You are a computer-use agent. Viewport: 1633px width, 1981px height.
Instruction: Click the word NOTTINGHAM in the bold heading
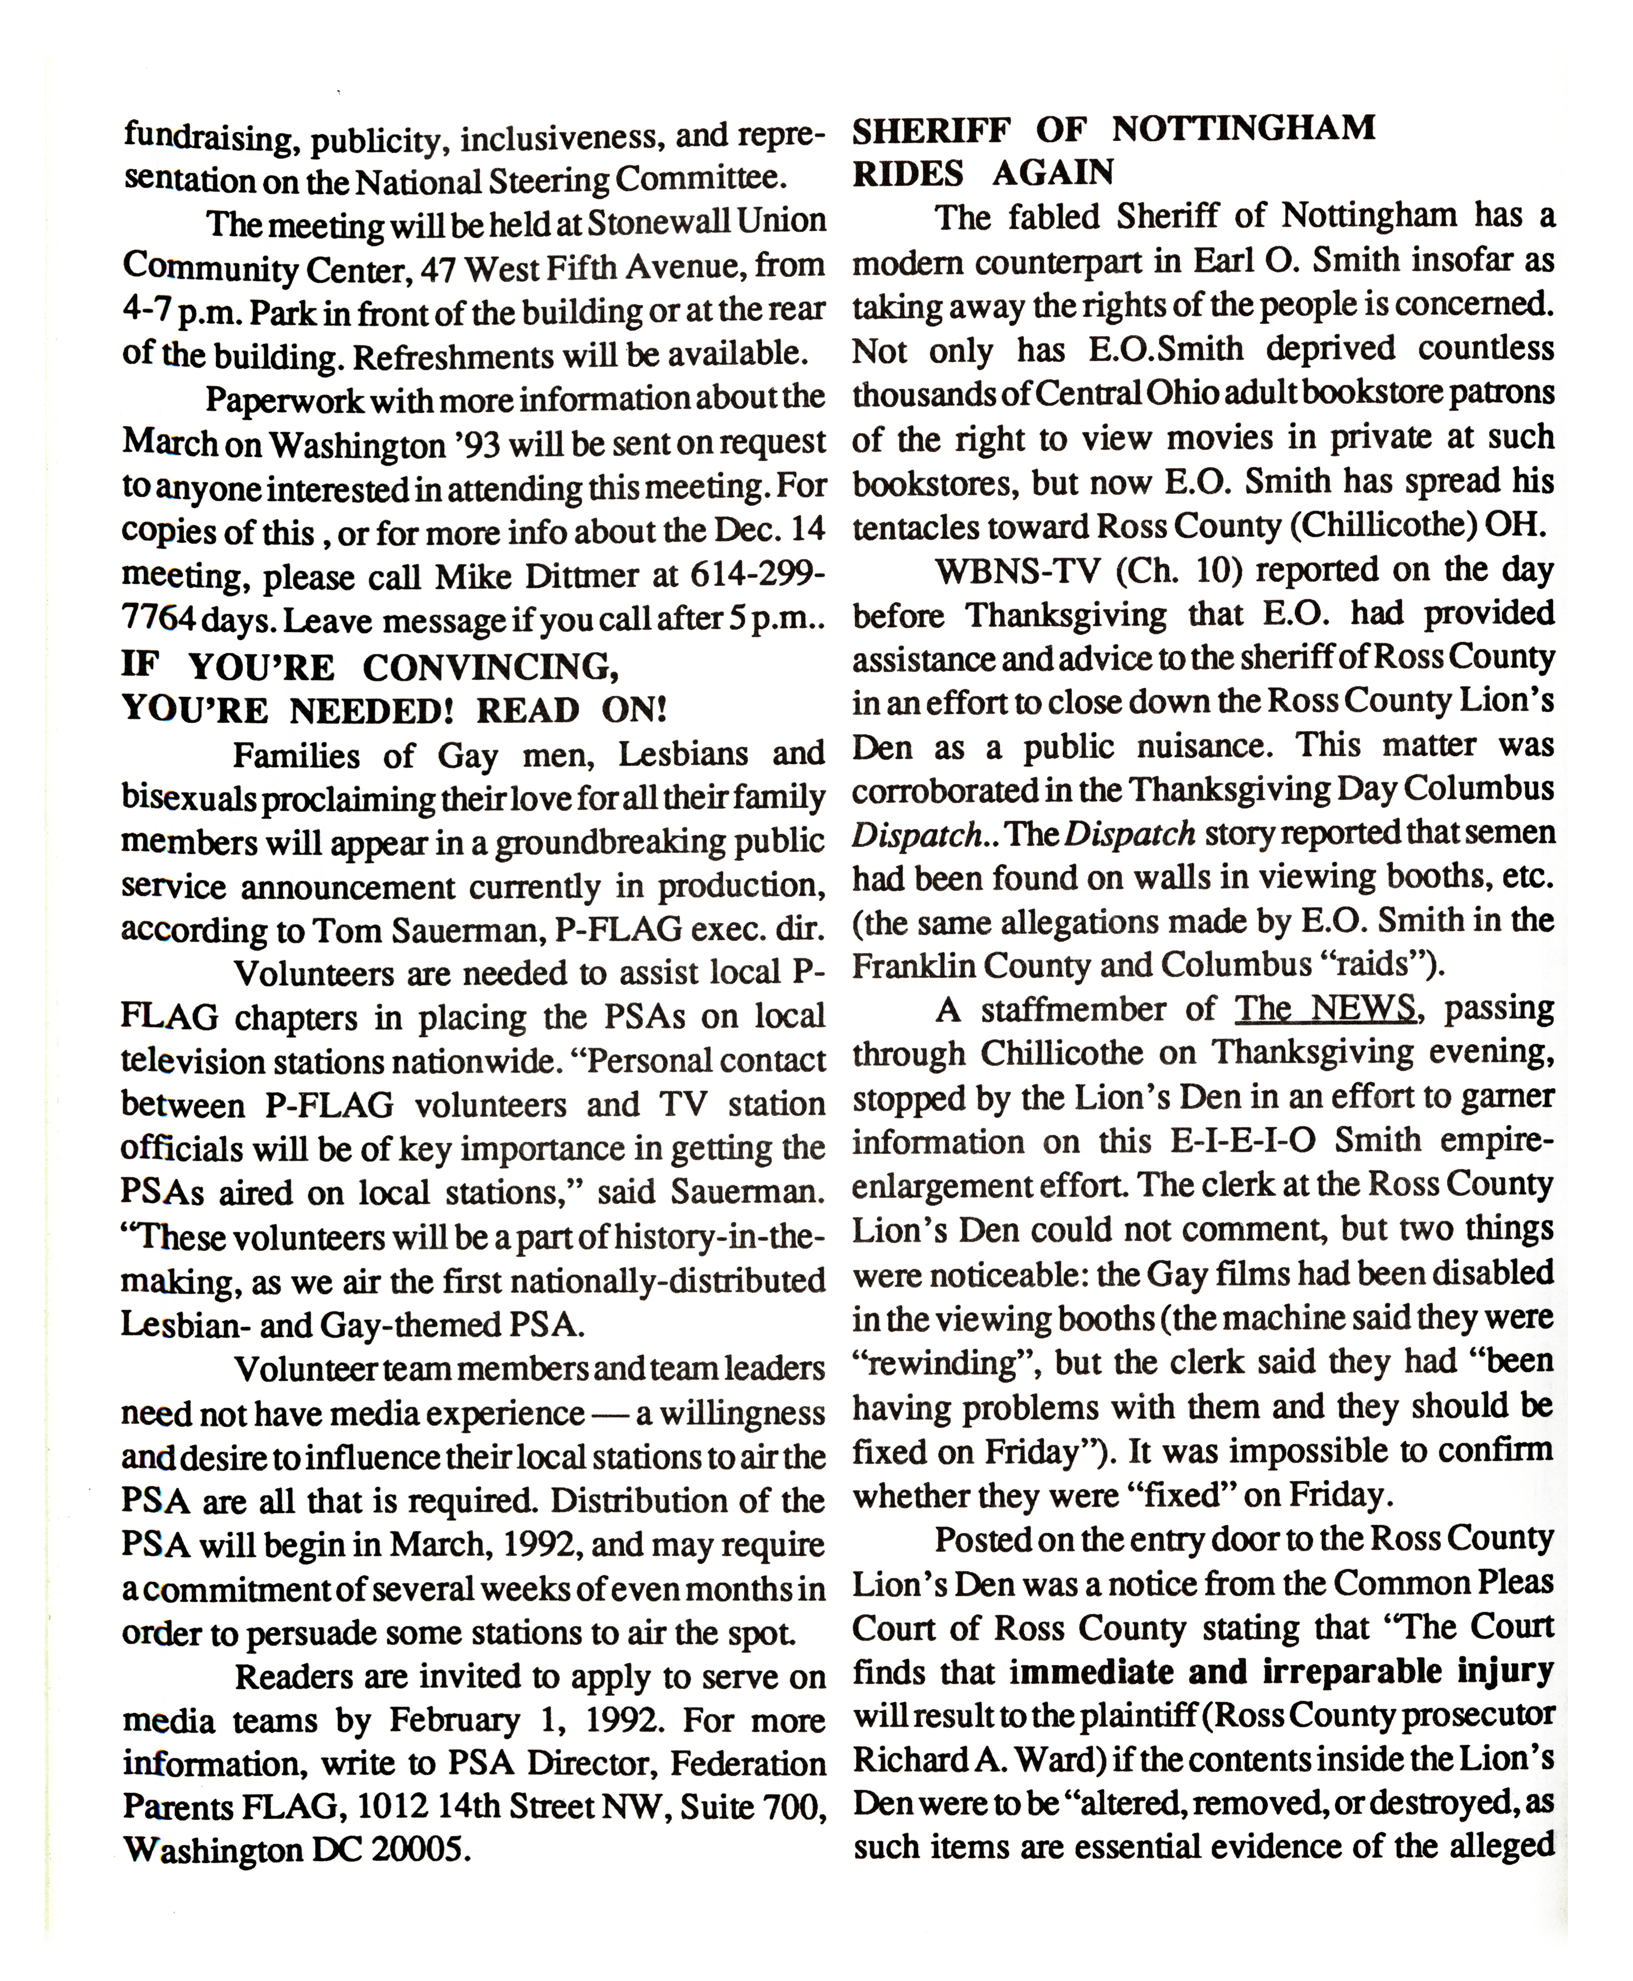click(x=1243, y=129)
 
